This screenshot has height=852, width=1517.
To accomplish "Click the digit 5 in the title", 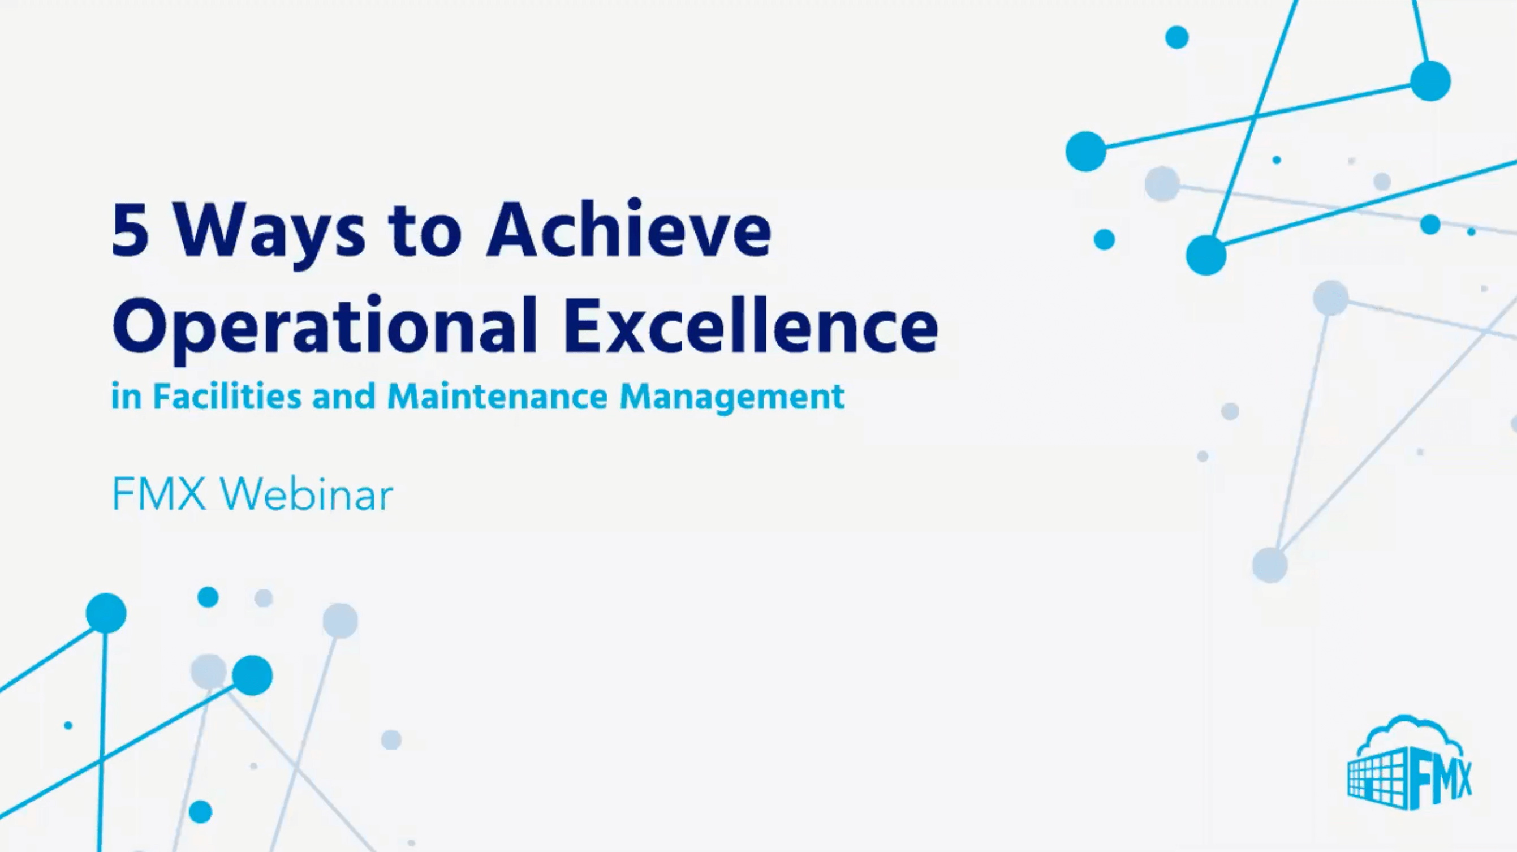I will (x=130, y=230).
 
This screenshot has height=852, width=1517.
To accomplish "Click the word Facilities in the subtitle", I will (x=227, y=396).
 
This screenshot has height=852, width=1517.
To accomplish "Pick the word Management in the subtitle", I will (x=731, y=397).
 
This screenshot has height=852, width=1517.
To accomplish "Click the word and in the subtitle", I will (x=344, y=396).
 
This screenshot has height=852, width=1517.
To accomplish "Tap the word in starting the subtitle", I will (x=126, y=396).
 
